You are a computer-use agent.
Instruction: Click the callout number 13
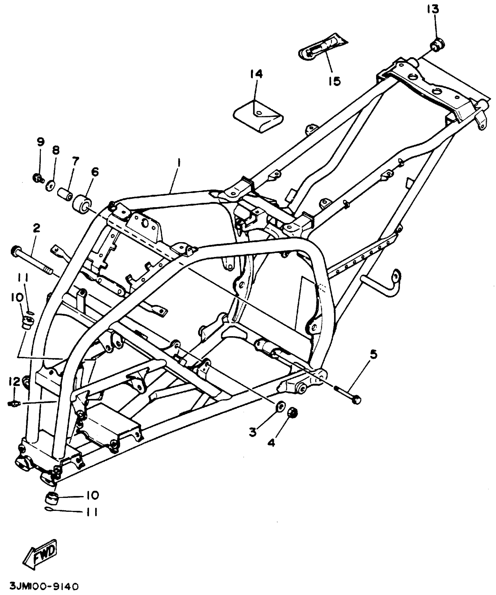pyautogui.click(x=433, y=9)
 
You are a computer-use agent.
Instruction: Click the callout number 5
pyautogui.click(x=373, y=355)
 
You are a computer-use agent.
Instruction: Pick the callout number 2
pyautogui.click(x=36, y=228)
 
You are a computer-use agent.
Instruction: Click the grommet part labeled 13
pyautogui.click(x=437, y=45)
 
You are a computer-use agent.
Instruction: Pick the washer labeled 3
pyautogui.click(x=280, y=407)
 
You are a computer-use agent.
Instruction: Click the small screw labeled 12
pyautogui.click(x=13, y=404)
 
